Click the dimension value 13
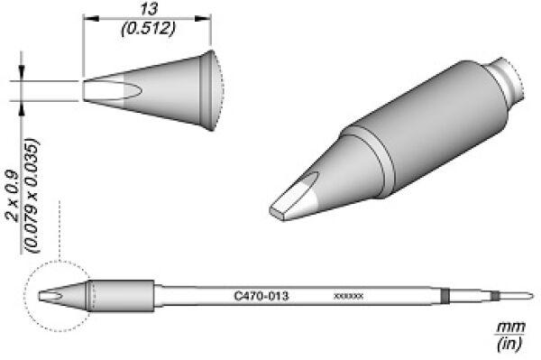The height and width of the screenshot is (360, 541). [149, 9]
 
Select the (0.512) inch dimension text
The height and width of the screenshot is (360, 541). [149, 29]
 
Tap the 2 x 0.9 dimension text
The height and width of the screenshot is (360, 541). [14, 194]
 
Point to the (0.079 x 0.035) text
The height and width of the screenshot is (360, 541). [32, 196]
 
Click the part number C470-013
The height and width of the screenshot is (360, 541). [261, 296]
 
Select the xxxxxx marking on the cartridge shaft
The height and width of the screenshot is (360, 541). [348, 296]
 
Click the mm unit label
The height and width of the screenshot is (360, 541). [510, 327]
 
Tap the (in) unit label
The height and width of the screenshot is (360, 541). [509, 344]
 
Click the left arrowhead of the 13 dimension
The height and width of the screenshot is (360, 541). [91, 18]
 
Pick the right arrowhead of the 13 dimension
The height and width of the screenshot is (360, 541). [203, 18]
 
